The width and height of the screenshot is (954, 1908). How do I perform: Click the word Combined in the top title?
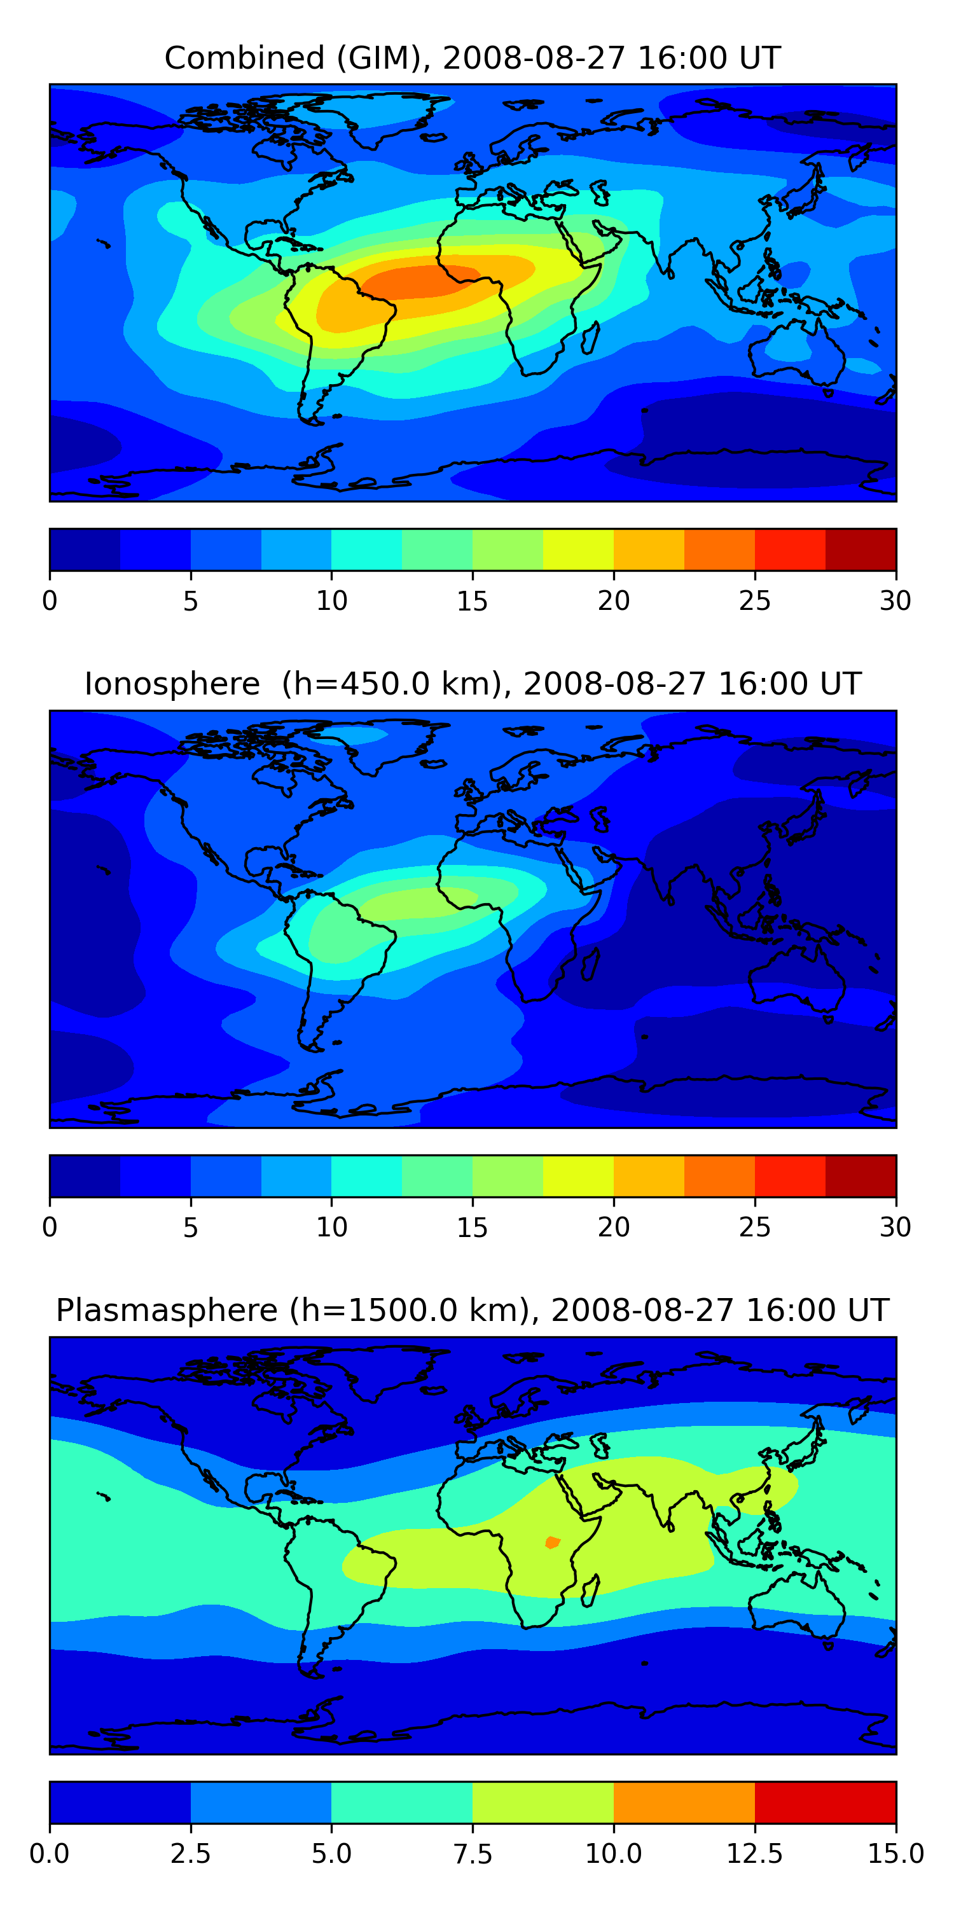coord(244,58)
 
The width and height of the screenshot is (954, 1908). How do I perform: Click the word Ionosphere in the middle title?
coord(172,684)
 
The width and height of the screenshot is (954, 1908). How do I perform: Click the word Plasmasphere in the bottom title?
coord(167,1310)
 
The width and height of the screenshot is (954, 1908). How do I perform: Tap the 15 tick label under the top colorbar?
coord(472,600)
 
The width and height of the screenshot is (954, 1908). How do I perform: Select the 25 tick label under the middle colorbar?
coord(754,1227)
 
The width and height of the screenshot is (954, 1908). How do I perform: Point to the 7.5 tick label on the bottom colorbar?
coord(472,1854)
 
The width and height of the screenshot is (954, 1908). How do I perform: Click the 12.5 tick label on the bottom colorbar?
coord(754,1854)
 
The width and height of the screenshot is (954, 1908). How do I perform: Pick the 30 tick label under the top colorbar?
coord(895,600)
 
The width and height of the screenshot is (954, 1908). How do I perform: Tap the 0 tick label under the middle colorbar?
coord(50,1227)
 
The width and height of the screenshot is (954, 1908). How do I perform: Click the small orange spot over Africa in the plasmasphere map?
coord(552,1542)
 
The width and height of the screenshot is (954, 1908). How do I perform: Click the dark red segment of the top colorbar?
coord(861,550)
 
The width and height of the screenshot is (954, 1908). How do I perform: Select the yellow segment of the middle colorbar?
coord(577,1176)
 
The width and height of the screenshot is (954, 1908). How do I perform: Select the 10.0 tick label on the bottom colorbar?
coord(613,1854)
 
